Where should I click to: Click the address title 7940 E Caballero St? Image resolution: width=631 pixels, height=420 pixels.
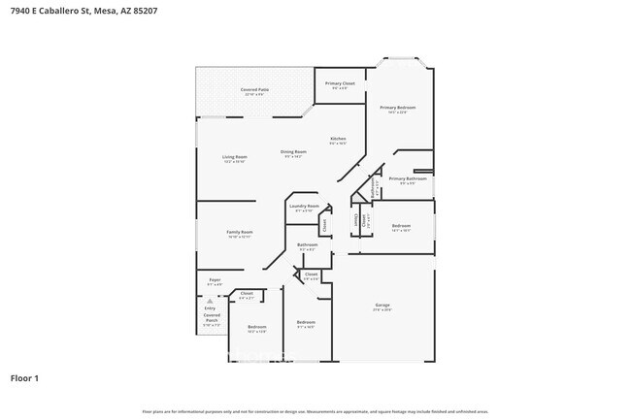(x=83, y=11)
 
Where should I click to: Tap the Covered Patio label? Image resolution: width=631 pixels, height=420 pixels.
(x=254, y=90)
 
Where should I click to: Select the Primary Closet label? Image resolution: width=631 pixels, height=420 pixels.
(x=339, y=84)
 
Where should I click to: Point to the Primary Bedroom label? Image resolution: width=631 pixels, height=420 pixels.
(x=398, y=108)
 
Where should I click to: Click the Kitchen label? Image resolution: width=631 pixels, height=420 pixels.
(x=338, y=139)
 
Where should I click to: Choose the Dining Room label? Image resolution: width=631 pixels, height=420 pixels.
(x=293, y=151)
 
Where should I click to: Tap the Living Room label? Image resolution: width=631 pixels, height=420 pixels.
(x=235, y=157)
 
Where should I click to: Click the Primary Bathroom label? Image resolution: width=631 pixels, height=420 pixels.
(x=408, y=178)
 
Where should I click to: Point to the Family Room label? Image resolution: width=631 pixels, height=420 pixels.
(x=239, y=232)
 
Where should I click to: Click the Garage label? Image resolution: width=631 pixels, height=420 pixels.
(x=382, y=306)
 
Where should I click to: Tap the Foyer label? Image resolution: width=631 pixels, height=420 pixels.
(x=215, y=280)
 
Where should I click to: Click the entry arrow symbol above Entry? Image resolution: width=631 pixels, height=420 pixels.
(x=210, y=302)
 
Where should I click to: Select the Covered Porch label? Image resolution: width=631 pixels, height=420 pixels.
(x=212, y=317)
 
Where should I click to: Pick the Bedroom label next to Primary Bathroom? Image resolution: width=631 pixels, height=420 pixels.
(x=401, y=225)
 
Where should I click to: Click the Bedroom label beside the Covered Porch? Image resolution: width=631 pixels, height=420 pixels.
(x=256, y=327)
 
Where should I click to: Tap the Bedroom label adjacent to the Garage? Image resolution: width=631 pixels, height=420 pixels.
(x=306, y=322)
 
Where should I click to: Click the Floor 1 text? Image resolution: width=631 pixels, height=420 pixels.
(x=25, y=377)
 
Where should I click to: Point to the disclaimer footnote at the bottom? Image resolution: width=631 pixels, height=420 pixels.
(x=315, y=412)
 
